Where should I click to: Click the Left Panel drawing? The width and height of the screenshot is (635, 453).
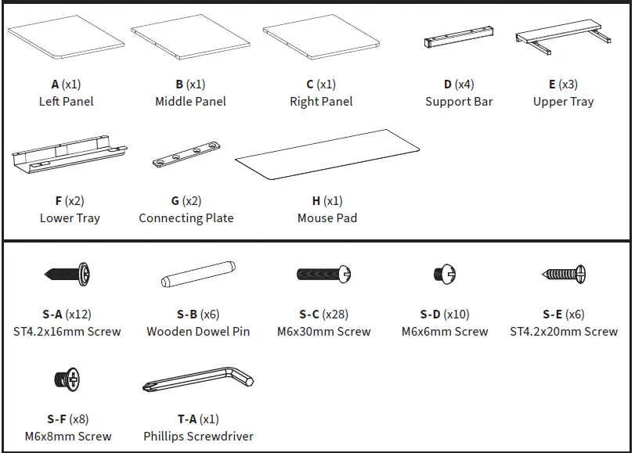(66, 38)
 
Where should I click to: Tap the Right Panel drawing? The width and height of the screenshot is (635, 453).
(321, 38)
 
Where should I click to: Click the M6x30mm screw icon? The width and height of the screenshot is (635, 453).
(323, 274)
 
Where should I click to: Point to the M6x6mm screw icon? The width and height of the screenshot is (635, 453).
(444, 274)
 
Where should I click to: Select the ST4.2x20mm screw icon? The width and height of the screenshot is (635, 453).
(564, 274)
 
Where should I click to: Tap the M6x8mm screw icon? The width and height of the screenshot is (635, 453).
(67, 379)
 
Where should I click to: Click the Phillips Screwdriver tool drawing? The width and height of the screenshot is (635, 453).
(198, 381)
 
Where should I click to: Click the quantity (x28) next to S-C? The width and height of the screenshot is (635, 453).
(335, 315)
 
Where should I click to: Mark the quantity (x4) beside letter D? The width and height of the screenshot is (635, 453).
(465, 84)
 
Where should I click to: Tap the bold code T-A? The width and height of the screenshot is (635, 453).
(186, 419)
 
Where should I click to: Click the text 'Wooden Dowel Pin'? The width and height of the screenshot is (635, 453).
(198, 332)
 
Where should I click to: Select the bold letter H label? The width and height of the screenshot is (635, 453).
(316, 201)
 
